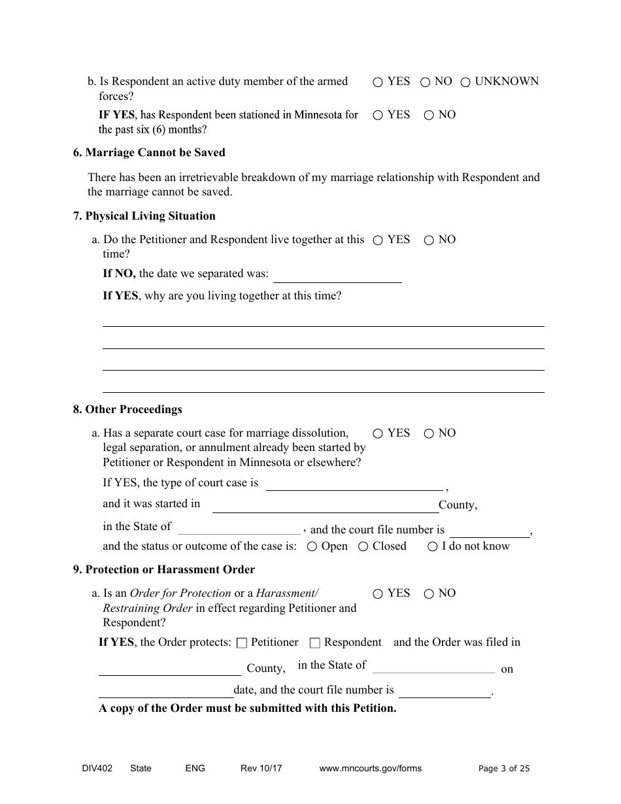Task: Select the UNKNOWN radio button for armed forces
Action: (x=465, y=82)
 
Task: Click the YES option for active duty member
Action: (x=378, y=82)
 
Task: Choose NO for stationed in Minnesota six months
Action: (x=429, y=116)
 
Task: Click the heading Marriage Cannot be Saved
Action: (x=149, y=152)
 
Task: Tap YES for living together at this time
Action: (x=378, y=241)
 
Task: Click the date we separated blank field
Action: (x=337, y=275)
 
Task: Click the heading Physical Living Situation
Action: (x=144, y=216)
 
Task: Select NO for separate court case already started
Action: (x=429, y=434)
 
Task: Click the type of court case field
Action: (x=354, y=483)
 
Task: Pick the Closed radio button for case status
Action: (x=363, y=547)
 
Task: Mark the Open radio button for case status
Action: (x=312, y=547)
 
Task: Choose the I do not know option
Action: (x=432, y=547)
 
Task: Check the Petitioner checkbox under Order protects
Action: (x=242, y=643)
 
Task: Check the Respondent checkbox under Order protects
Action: (x=315, y=643)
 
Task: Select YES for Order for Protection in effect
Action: (x=378, y=594)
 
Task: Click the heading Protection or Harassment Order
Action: (x=164, y=569)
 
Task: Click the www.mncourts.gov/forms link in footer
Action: (x=370, y=769)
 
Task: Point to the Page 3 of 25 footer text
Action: (x=504, y=769)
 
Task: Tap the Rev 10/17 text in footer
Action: (x=261, y=769)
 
